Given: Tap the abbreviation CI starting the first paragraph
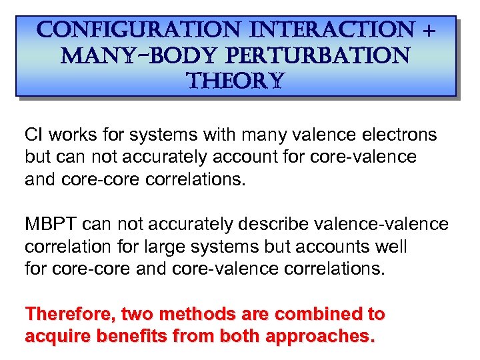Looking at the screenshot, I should coord(33,135).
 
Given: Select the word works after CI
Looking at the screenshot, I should coord(72,135).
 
